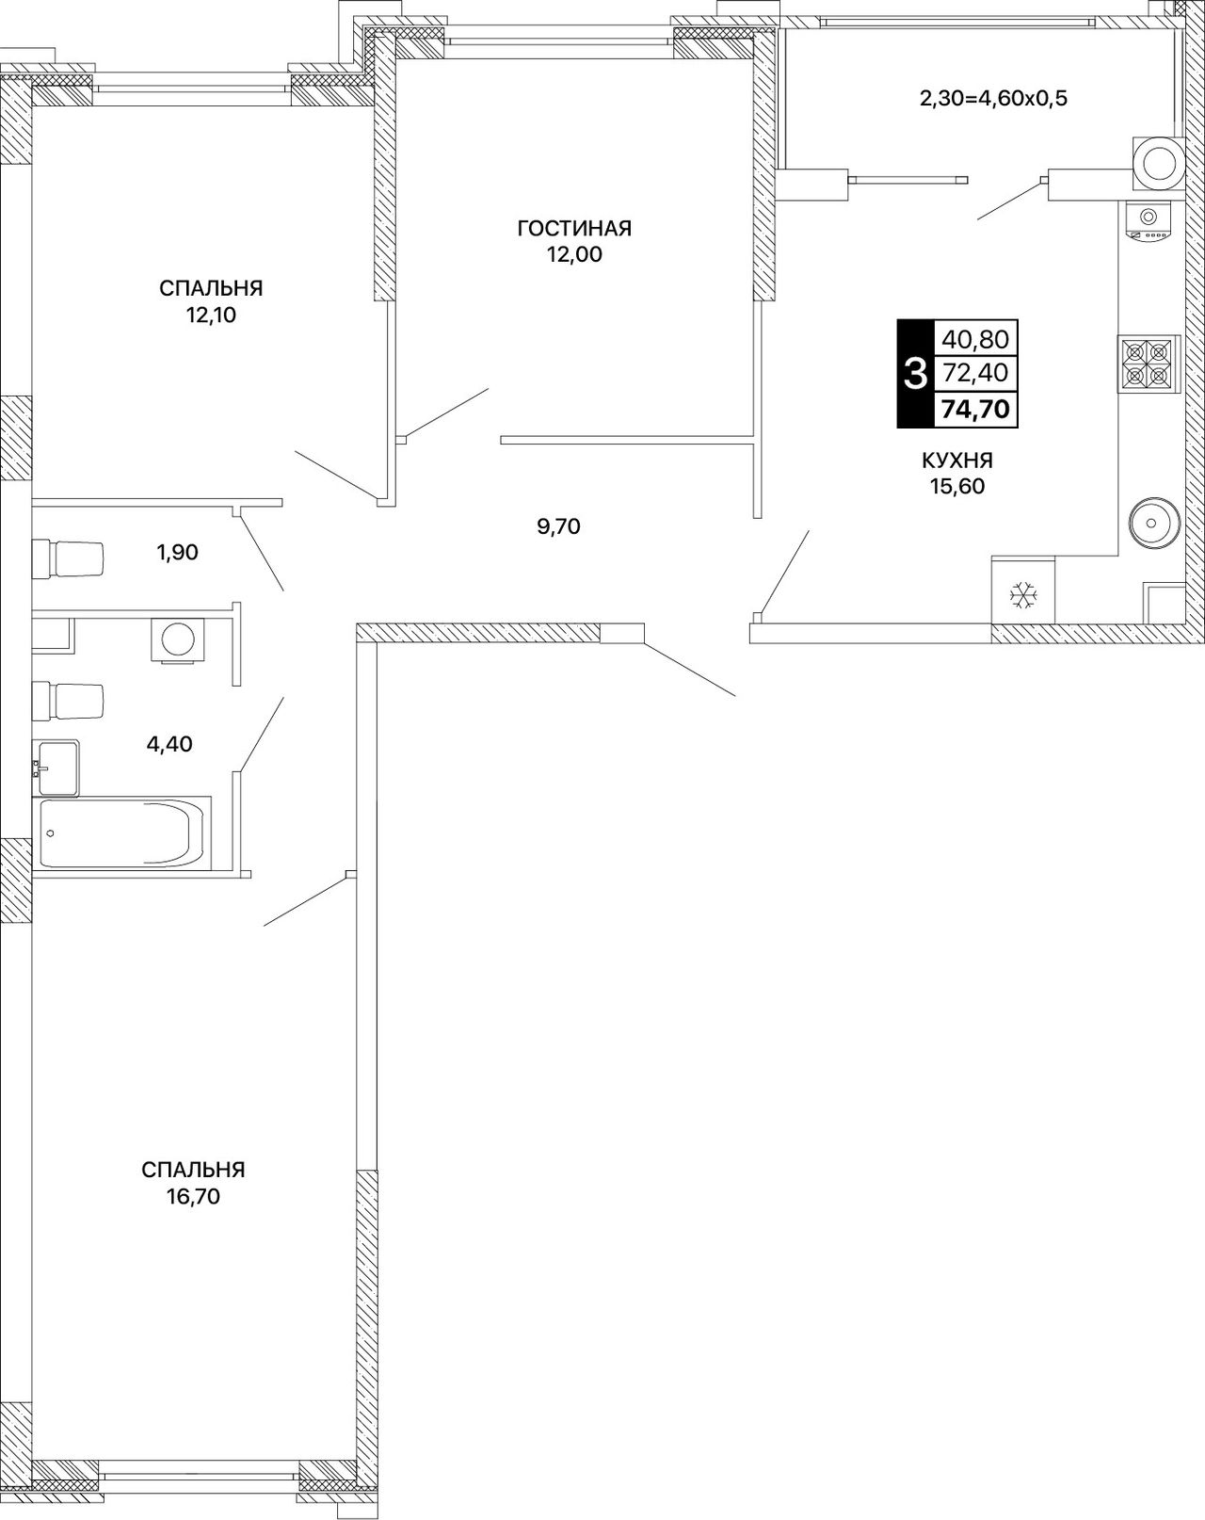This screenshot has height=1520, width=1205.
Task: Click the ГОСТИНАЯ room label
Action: point(574,228)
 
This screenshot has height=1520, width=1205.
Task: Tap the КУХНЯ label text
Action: point(957,461)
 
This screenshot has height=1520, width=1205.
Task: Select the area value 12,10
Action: point(211,315)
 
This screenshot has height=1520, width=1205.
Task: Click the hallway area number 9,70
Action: point(558,526)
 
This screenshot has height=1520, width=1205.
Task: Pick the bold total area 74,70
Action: point(975,409)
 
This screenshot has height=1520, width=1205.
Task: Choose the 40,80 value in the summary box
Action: point(975,340)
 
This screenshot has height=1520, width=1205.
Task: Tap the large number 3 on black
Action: point(915,374)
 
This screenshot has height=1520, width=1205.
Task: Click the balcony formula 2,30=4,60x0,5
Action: point(993,98)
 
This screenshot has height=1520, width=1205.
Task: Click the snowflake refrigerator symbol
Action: point(1022,595)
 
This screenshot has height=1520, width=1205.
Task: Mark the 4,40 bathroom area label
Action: point(169,744)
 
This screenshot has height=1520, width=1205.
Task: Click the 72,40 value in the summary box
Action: point(975,372)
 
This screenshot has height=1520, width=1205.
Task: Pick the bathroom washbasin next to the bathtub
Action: point(56,768)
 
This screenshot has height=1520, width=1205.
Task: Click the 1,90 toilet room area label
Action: point(177,552)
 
